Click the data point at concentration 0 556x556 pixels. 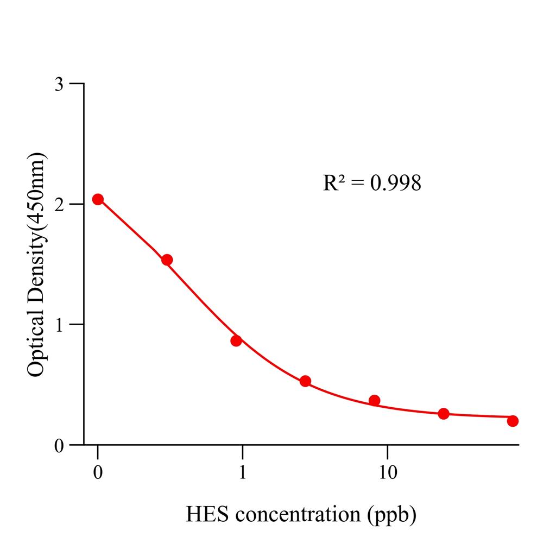point(98,199)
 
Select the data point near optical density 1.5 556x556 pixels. point(167,260)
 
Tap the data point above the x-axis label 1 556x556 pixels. point(236,340)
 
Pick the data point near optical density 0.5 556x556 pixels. point(305,381)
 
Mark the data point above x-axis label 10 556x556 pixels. point(374,401)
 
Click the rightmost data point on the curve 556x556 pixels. point(513,421)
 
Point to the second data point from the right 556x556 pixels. point(444,414)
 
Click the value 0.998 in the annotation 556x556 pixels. point(395,184)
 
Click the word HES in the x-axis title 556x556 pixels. point(205,514)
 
